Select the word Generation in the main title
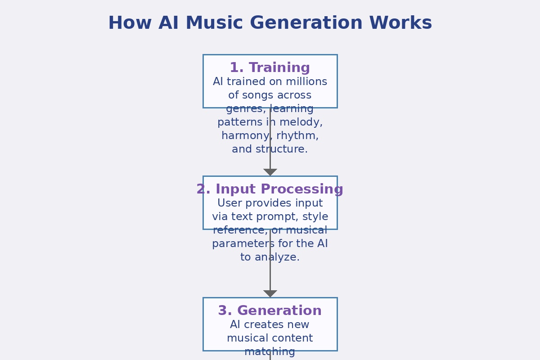306,23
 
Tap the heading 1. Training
270,68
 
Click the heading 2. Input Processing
270,189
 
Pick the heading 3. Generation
270,311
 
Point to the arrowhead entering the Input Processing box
270,172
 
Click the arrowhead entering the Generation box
270,293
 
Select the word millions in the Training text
307,82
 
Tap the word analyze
278,257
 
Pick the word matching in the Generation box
270,352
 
